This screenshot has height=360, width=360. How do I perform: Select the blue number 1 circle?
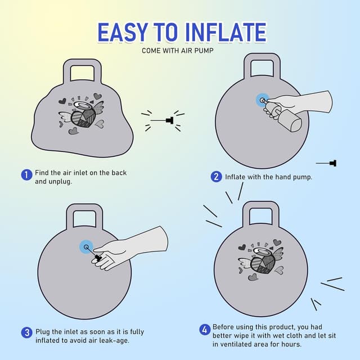coord(26,175)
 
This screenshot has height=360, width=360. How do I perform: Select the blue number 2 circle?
coord(216,177)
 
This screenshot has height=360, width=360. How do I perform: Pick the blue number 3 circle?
coord(26,332)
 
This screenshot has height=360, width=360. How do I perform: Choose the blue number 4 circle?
coord(205,330)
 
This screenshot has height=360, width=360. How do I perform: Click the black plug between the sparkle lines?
coord(170,120)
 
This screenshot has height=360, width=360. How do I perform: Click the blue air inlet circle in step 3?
coord(86,247)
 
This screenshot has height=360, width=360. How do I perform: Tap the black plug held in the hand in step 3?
coord(98,258)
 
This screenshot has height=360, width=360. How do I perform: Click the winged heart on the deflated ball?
coord(81,114)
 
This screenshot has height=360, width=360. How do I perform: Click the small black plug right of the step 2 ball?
coord(333,163)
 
